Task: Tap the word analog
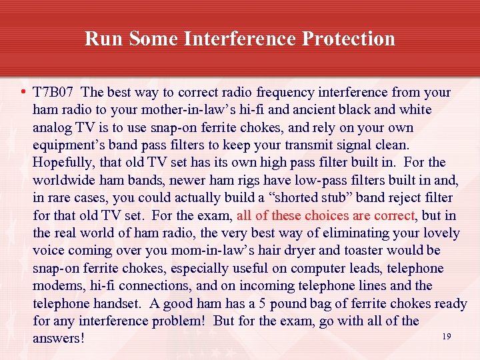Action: (52, 127)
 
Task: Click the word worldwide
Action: (64, 180)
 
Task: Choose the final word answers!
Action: (59, 339)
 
